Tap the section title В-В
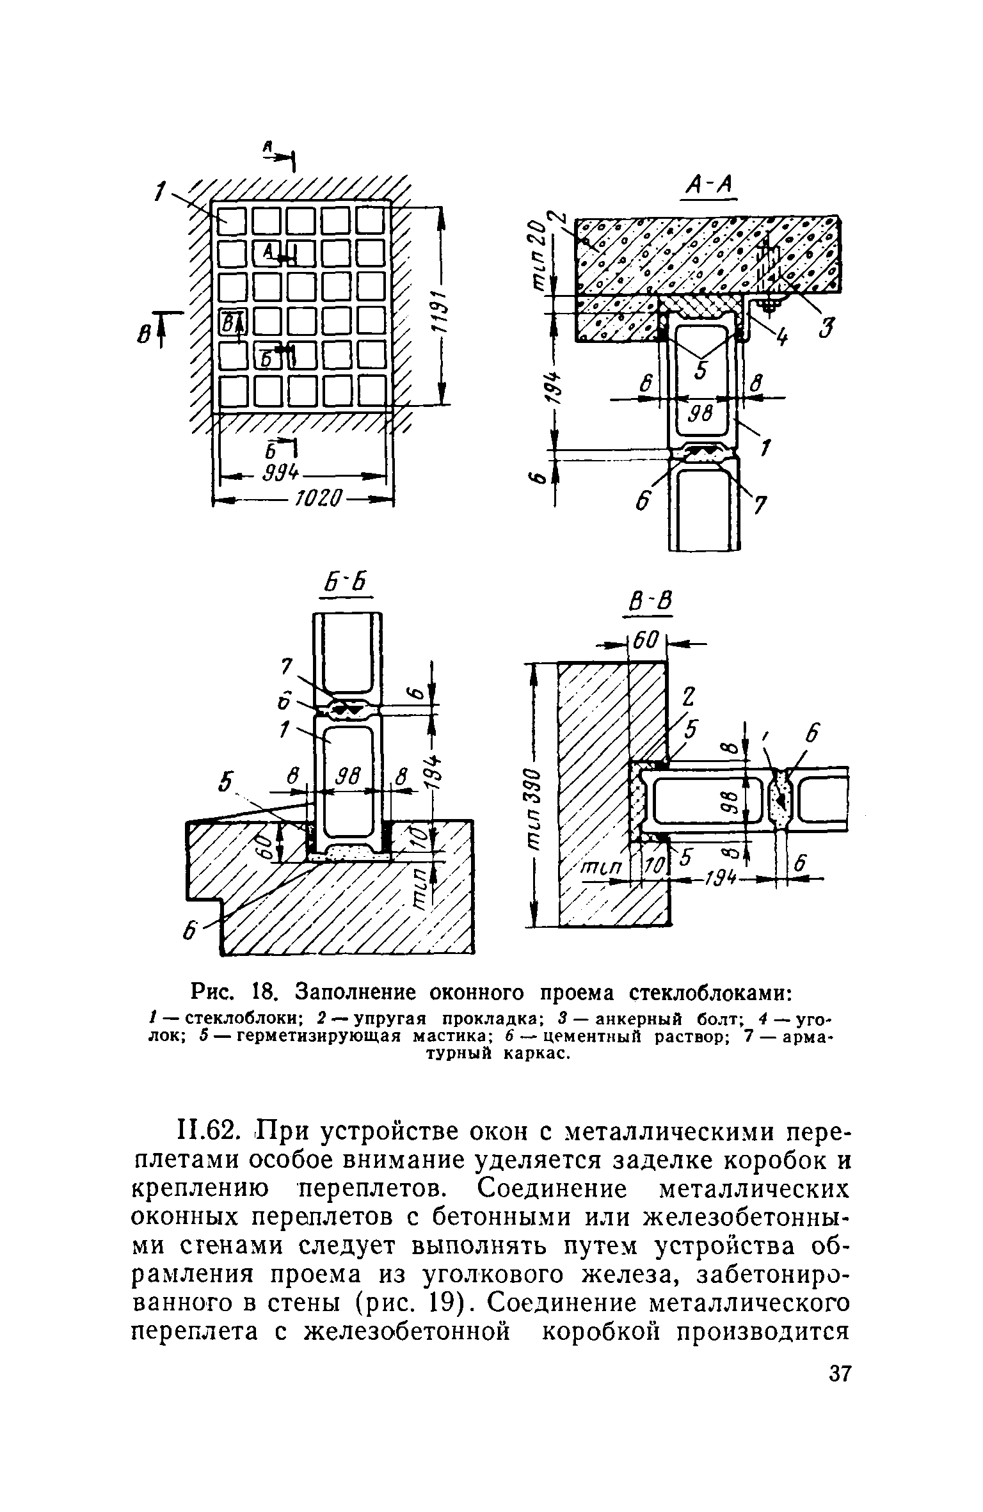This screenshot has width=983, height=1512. (648, 603)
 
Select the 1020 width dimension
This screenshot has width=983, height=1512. (319, 497)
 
